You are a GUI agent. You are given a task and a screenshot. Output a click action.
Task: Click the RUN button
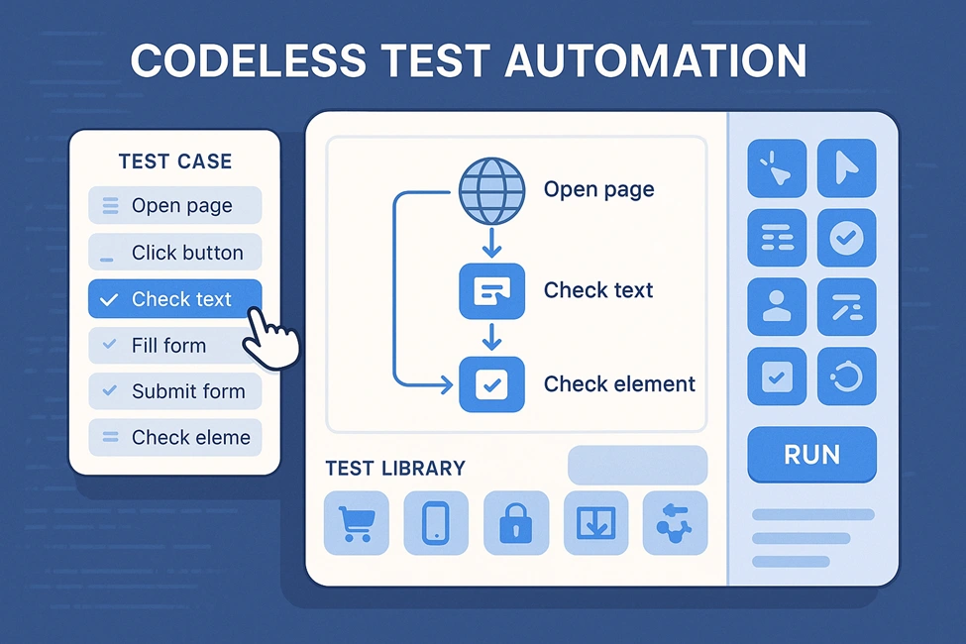point(811,455)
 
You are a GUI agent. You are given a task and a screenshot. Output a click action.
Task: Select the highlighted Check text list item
point(175,299)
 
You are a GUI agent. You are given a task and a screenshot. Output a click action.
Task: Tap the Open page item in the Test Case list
point(175,205)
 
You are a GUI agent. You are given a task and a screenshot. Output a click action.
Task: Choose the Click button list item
point(175,252)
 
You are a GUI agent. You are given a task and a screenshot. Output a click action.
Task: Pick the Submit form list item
point(175,391)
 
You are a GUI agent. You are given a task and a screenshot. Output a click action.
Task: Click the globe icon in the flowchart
point(491,191)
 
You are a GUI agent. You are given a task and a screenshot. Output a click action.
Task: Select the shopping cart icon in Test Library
point(356,523)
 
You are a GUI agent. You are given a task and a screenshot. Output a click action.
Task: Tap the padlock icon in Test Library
point(515,523)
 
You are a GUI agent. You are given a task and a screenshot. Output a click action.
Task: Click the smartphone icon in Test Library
point(436,523)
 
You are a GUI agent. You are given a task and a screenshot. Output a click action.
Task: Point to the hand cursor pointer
point(269,339)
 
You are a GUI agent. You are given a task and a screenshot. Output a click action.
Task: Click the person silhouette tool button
point(777,306)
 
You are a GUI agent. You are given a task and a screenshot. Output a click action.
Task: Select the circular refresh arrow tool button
point(846,376)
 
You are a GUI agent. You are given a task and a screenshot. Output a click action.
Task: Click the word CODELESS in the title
point(249,60)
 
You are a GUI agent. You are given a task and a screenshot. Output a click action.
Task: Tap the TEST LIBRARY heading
point(395,469)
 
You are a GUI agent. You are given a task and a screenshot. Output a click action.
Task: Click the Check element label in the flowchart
point(619,384)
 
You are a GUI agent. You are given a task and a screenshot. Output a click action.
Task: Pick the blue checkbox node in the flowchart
point(491,384)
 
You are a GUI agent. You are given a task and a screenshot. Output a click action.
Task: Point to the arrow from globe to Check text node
point(491,242)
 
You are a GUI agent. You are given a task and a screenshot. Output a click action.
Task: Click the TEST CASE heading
point(175,161)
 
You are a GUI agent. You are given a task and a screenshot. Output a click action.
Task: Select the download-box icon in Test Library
point(595,523)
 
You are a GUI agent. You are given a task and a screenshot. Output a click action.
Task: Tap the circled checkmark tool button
point(846,237)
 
